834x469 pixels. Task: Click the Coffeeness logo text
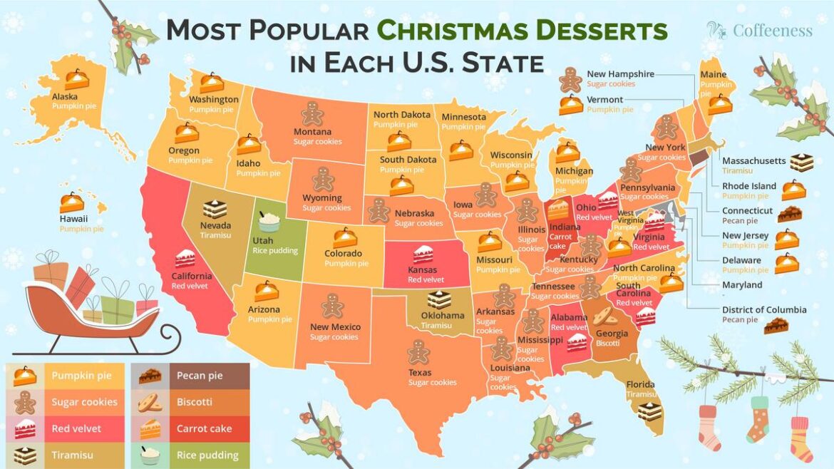pyautogui.click(x=772, y=31)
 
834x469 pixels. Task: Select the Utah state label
pyautogui.click(x=263, y=241)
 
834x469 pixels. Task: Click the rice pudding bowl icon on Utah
pyautogui.click(x=268, y=222)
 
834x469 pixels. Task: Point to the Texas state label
pyautogui.click(x=420, y=373)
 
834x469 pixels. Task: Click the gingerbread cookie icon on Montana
pyautogui.click(x=312, y=114)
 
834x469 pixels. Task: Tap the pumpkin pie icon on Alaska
pyautogui.click(x=76, y=79)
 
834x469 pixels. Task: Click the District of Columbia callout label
pyautogui.click(x=764, y=309)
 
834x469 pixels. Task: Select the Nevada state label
pyautogui.click(x=215, y=225)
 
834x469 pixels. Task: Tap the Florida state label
pyautogui.click(x=640, y=384)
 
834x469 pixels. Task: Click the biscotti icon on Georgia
pyautogui.click(x=605, y=316)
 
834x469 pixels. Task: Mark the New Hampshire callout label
pyautogui.click(x=620, y=74)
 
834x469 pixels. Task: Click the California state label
pyautogui.click(x=191, y=276)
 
